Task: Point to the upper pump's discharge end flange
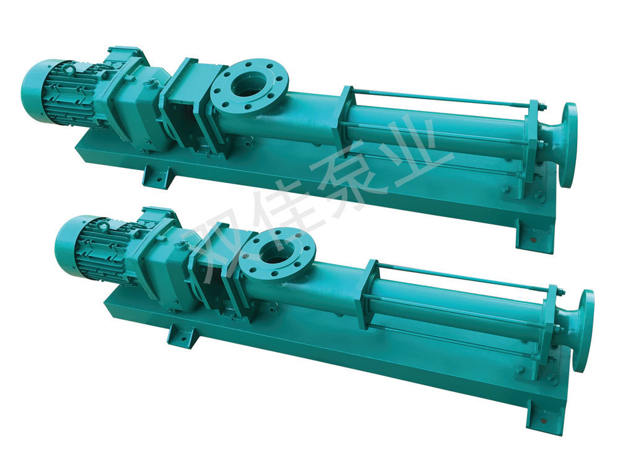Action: point(568,146)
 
